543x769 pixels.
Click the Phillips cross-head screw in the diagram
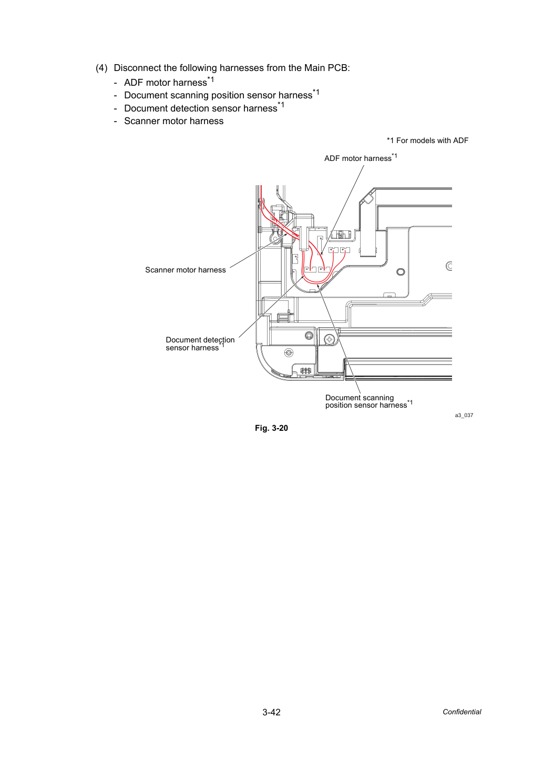coord(330,340)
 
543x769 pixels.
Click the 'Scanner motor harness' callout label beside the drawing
coord(185,270)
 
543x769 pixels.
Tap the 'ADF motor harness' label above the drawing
coord(361,158)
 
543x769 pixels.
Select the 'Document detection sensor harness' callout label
coord(200,343)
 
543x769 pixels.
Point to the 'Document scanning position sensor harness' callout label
coord(369,402)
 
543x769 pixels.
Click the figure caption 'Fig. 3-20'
coord(271,428)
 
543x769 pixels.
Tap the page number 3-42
coord(271,712)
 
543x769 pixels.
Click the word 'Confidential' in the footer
coord(462,712)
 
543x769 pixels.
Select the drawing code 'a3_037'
coord(464,416)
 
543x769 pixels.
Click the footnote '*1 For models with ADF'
coord(427,140)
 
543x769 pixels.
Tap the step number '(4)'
coord(101,68)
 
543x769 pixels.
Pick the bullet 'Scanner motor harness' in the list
coord(173,121)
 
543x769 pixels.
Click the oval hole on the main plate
coord(401,272)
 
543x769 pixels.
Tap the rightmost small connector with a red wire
coord(345,250)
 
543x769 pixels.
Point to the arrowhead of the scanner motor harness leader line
coord(286,235)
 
